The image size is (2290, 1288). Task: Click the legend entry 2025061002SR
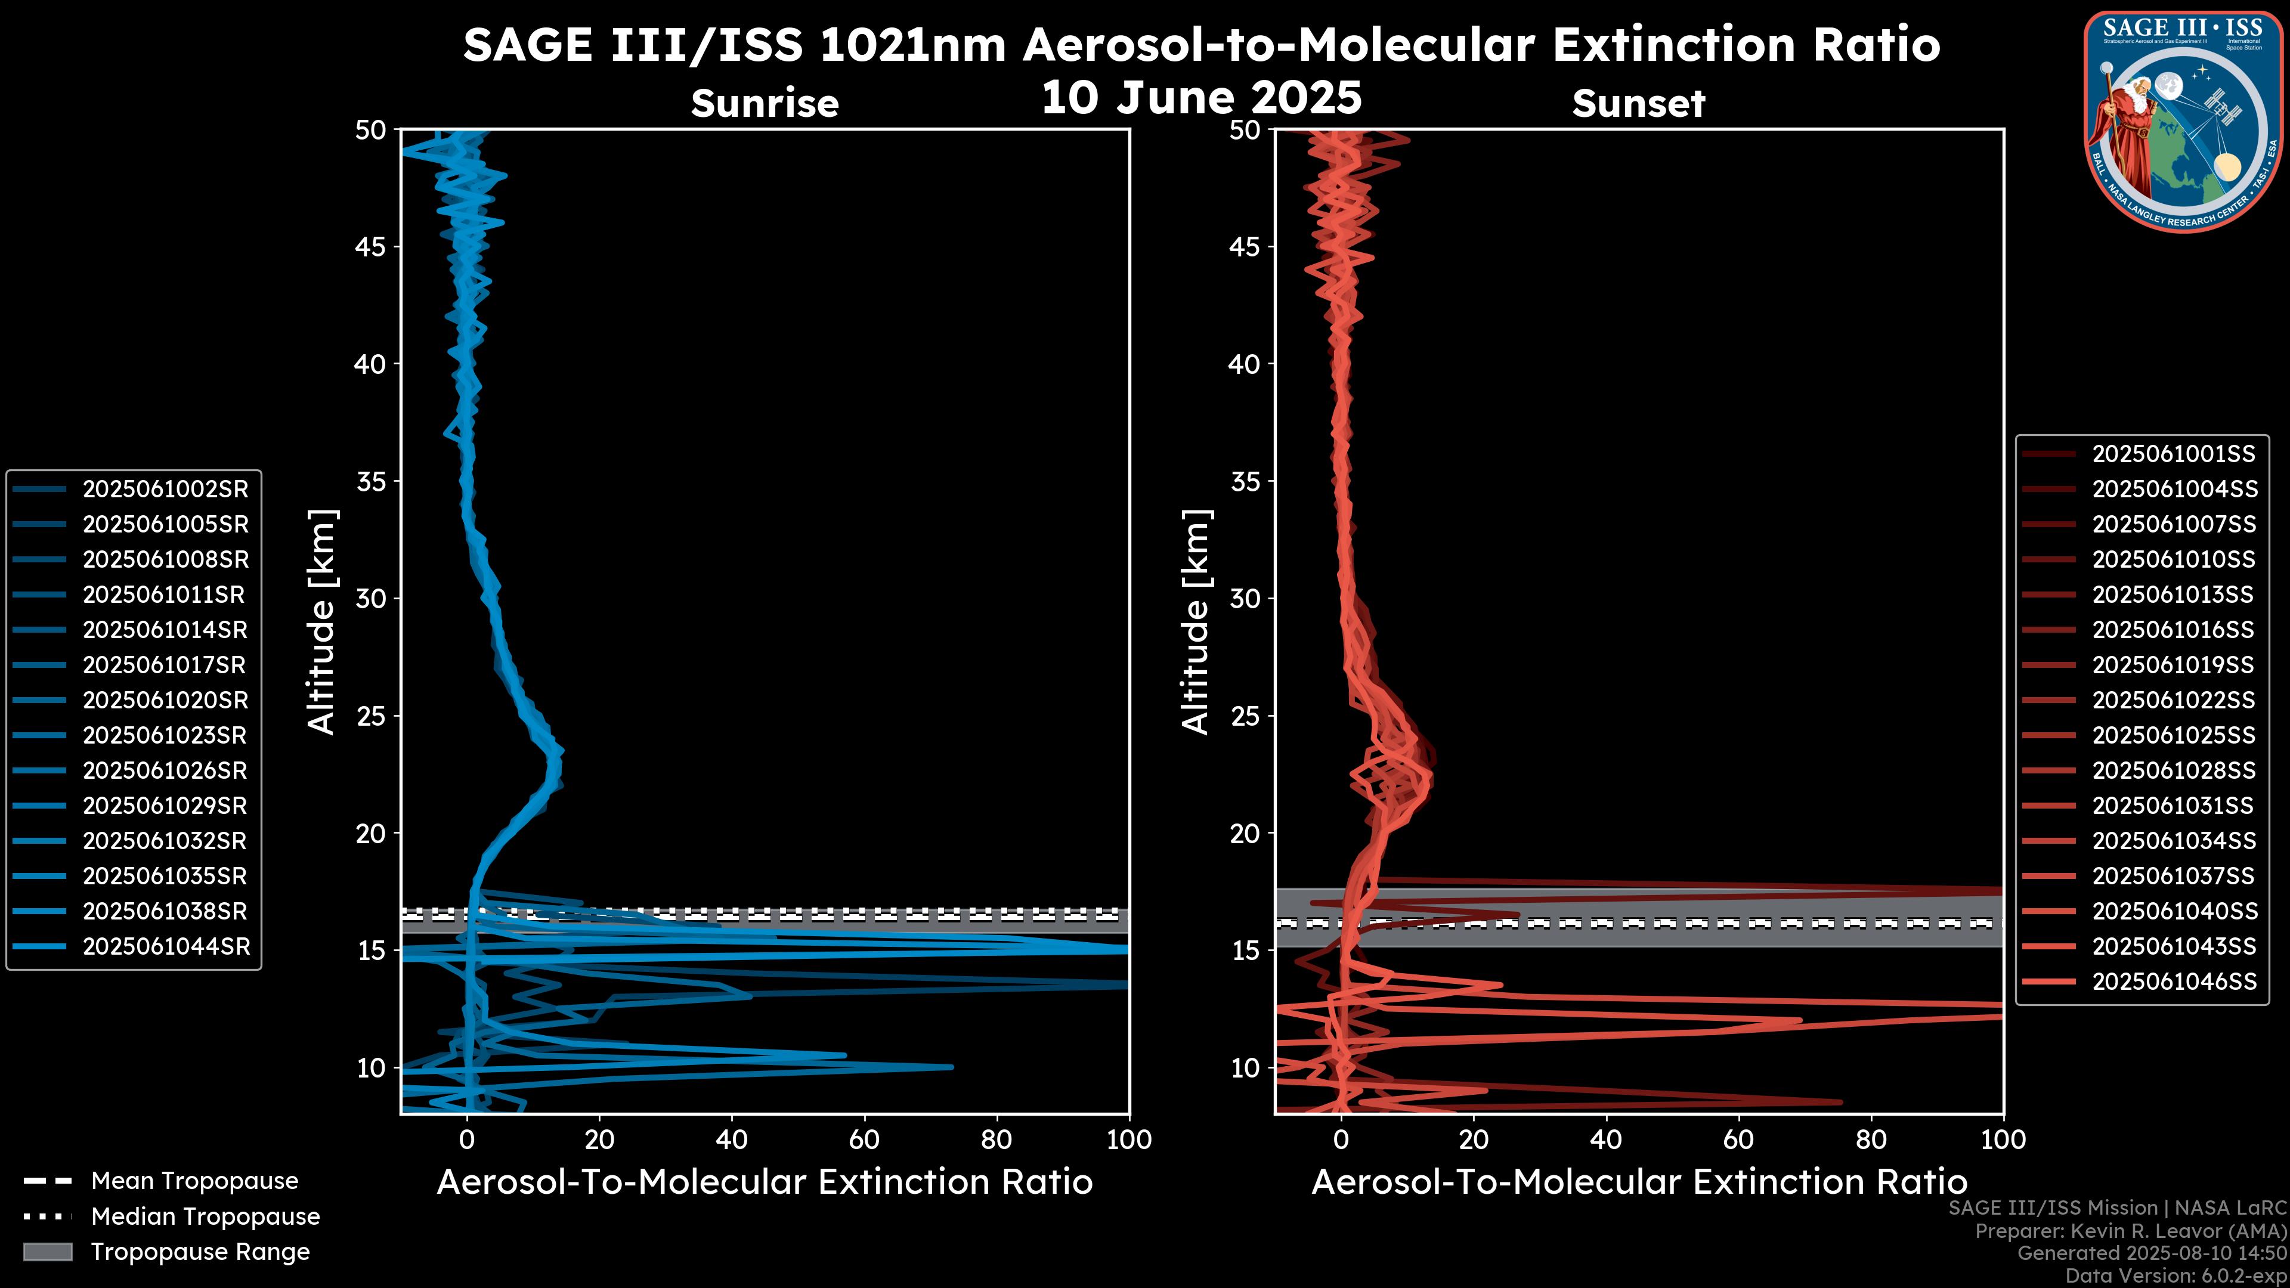tap(165, 489)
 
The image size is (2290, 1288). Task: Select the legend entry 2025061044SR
tap(165, 947)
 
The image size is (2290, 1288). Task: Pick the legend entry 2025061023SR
tap(165, 735)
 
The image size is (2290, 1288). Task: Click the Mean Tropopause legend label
tap(194, 1181)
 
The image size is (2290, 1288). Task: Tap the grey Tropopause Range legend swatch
tap(48, 1252)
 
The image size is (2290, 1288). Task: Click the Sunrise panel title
tap(765, 104)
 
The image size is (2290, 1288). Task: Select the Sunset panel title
tap(1638, 104)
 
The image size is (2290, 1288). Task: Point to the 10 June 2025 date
tap(1201, 97)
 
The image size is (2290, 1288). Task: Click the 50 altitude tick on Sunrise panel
tap(371, 131)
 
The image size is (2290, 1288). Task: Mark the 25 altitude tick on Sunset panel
tap(1245, 716)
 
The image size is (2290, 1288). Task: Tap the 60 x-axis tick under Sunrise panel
tap(864, 1140)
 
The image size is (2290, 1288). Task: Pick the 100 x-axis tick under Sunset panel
tap(2003, 1140)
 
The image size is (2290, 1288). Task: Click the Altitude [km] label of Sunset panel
tap(1196, 621)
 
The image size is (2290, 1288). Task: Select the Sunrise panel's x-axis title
tap(765, 1182)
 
